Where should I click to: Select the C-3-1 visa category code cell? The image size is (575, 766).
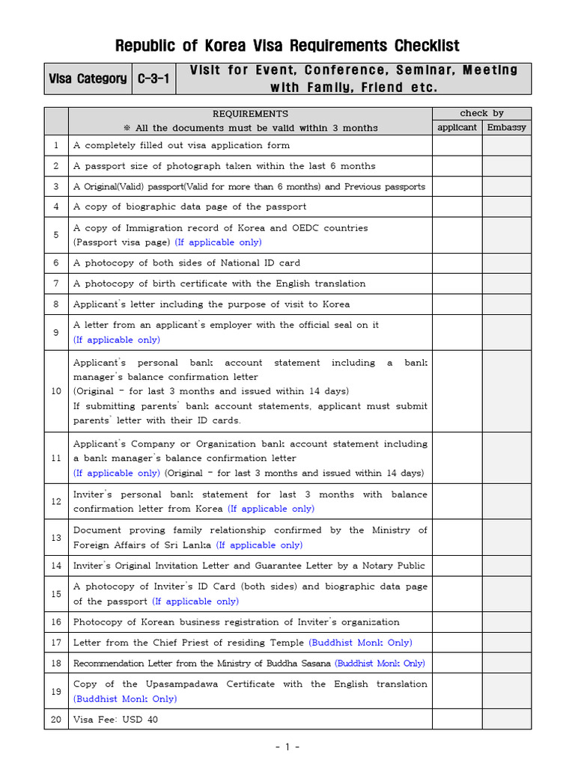[x=156, y=79]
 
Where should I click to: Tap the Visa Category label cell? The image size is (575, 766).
[x=88, y=79]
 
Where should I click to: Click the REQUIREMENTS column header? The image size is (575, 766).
[x=250, y=114]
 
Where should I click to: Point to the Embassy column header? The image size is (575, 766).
[x=506, y=127]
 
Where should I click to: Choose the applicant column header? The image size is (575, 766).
[x=457, y=127]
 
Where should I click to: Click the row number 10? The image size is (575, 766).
[x=56, y=391]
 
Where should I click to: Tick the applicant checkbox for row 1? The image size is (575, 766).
[x=457, y=145]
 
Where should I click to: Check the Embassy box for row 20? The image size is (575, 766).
[x=506, y=720]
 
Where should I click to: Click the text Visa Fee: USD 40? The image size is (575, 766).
[x=115, y=720]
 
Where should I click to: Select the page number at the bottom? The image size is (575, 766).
[x=287, y=747]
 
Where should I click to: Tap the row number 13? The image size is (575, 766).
[x=56, y=538]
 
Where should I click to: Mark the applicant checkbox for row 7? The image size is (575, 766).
[x=457, y=284]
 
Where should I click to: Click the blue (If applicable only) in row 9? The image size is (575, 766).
[x=117, y=340]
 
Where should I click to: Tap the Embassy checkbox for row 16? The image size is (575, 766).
[x=506, y=622]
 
